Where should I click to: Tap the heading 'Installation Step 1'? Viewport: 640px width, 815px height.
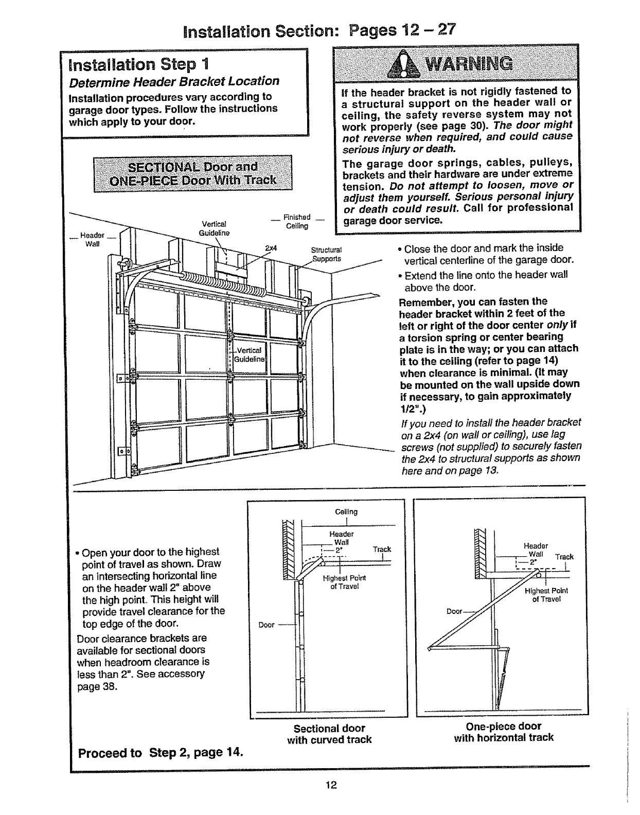coord(136,65)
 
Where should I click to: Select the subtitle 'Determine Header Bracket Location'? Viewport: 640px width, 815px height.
coord(174,81)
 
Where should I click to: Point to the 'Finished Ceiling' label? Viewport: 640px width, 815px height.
coord(297,221)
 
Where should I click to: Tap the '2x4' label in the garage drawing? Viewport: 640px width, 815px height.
coord(271,248)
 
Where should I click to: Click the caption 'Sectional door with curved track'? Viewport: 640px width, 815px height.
coord(329,734)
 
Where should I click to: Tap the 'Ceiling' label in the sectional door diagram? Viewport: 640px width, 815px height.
coord(346,511)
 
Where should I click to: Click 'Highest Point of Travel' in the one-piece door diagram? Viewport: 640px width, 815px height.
coord(546,595)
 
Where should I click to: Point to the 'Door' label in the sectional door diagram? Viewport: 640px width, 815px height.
coord(266,625)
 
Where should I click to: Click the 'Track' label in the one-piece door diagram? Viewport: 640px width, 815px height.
coord(564,557)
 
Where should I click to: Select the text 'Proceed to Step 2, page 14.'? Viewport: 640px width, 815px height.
coord(160,753)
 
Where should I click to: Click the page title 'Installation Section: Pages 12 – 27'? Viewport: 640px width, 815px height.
coord(319,30)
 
